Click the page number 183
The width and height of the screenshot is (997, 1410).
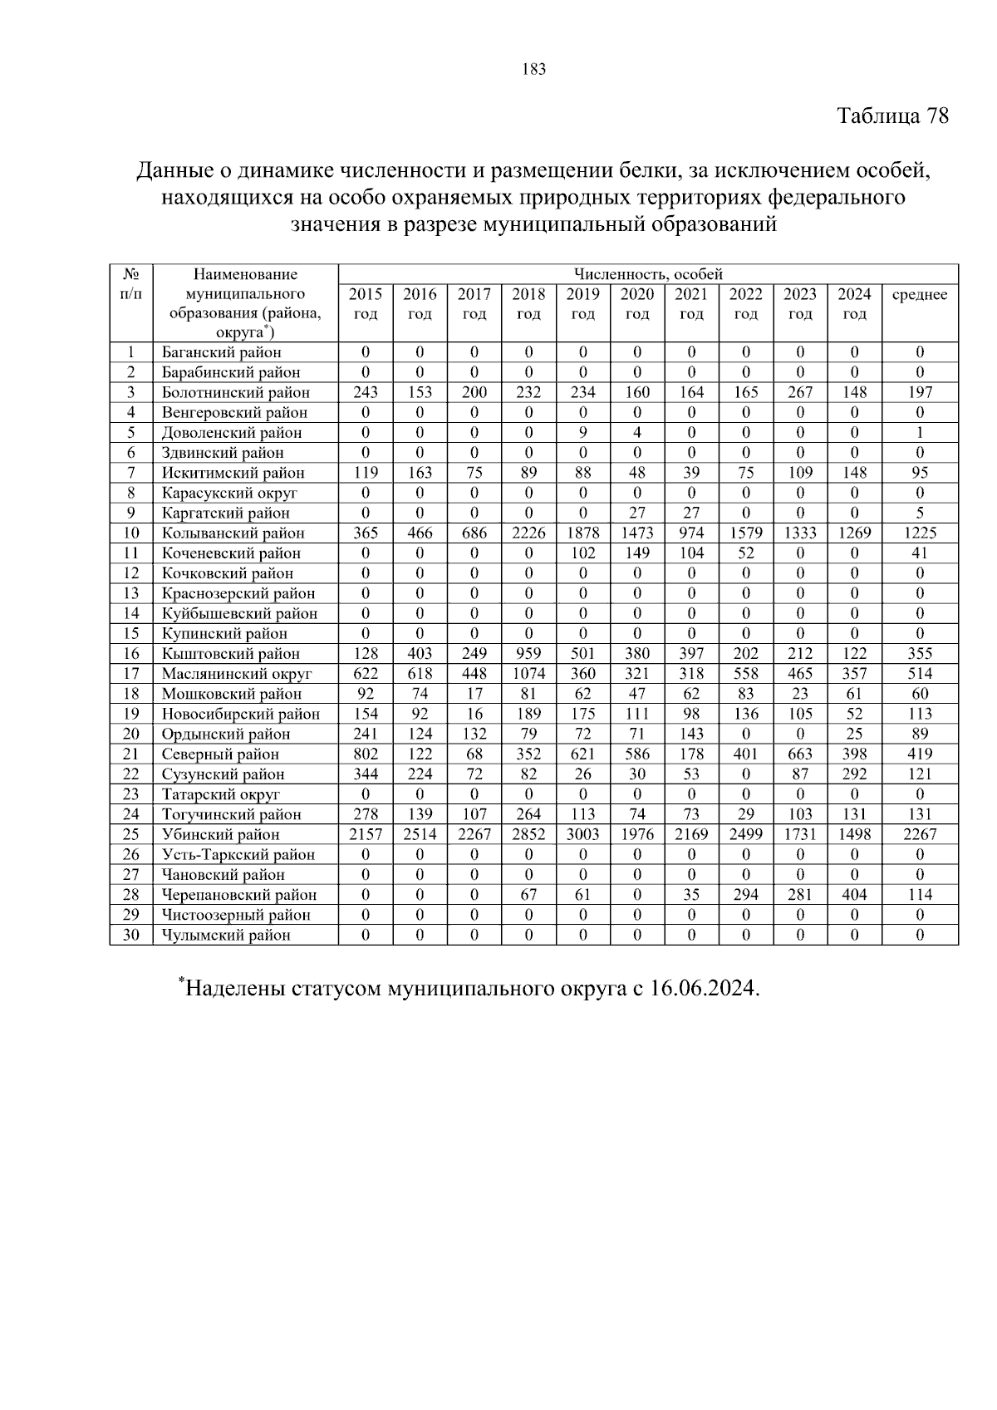coord(534,70)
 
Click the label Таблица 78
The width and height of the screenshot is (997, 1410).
coord(892,115)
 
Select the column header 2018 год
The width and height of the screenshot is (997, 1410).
coord(528,303)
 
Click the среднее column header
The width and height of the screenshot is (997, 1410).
coord(919,295)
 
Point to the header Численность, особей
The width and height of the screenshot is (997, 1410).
coord(648,274)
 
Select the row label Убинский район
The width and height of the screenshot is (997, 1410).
coord(220,834)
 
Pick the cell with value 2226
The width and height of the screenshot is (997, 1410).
coord(528,533)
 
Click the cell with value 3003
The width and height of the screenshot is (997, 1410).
coord(582,834)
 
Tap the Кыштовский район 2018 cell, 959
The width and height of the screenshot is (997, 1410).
coord(528,654)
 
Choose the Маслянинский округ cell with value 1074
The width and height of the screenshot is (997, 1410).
coord(528,674)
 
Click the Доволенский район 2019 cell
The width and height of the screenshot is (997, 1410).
coord(582,433)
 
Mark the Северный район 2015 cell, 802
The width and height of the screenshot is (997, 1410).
coord(366,754)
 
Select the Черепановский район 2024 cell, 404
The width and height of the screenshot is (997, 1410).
coord(854,895)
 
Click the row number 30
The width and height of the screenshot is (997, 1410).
coord(131,935)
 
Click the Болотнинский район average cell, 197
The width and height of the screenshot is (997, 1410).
coord(919,392)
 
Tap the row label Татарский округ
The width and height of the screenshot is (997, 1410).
coord(220,794)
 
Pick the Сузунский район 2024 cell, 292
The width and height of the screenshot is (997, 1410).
coord(854,774)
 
